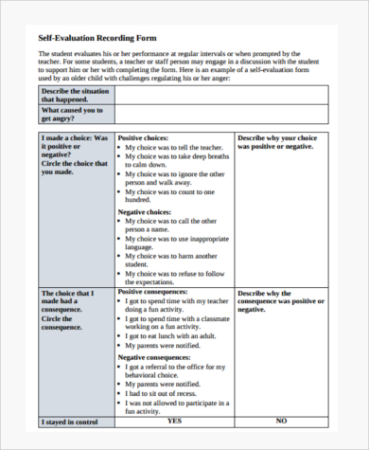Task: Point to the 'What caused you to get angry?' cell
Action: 72,115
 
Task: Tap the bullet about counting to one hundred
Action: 173,194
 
